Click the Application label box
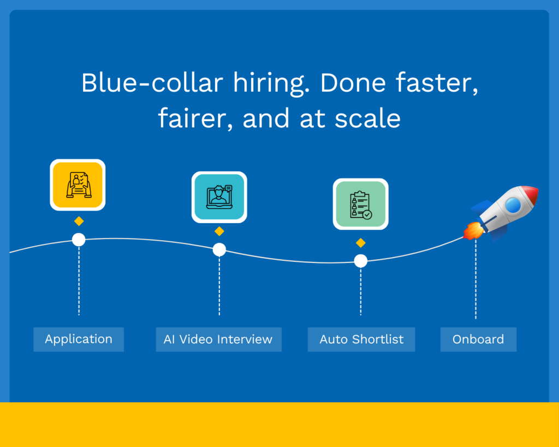click(79, 339)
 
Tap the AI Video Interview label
click(218, 339)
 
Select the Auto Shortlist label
click(361, 339)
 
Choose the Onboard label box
click(478, 339)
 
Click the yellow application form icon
click(78, 184)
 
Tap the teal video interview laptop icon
click(219, 197)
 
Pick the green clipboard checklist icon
click(361, 204)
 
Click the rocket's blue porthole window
click(513, 205)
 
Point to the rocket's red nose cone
click(530, 194)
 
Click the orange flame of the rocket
click(473, 231)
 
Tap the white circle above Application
click(79, 240)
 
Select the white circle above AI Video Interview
click(219, 249)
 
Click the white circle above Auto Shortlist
click(361, 261)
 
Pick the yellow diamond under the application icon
click(79, 222)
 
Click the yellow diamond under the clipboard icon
click(361, 243)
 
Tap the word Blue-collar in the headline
click(152, 83)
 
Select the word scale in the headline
click(367, 118)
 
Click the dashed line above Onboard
click(475, 279)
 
